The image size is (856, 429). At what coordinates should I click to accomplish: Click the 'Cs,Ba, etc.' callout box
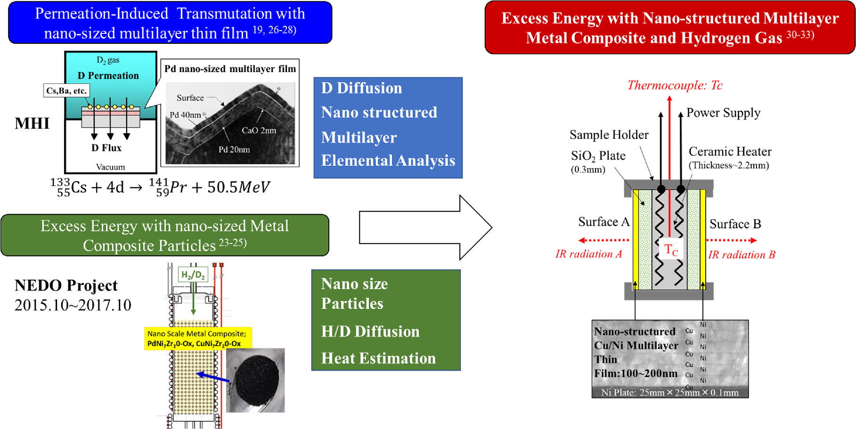coord(66,90)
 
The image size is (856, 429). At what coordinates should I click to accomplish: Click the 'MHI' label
coord(32,123)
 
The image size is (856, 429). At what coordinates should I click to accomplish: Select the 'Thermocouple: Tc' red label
coord(674,85)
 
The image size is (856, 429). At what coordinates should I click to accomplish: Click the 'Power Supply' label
coord(723,113)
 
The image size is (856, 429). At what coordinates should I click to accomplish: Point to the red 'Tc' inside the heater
coord(670,250)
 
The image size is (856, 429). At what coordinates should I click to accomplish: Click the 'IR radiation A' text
coord(588,254)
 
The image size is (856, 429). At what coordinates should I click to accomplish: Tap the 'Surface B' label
coord(735,224)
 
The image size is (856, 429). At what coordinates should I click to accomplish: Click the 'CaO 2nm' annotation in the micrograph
coord(259,130)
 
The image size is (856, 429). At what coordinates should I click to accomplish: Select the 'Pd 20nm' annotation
coord(234,150)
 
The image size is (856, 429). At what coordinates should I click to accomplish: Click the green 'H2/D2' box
coord(193,275)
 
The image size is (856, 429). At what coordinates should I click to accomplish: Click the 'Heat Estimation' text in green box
coord(378,358)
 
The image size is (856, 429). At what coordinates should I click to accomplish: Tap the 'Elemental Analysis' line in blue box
coord(388,161)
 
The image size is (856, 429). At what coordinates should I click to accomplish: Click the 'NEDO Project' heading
coord(66,285)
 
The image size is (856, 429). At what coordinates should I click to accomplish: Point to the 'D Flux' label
coord(106,148)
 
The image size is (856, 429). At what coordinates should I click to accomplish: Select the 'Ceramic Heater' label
coord(730,152)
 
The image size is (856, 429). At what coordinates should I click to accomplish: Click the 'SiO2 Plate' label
coord(598,156)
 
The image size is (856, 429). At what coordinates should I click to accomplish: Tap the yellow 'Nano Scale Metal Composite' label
coord(197,339)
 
